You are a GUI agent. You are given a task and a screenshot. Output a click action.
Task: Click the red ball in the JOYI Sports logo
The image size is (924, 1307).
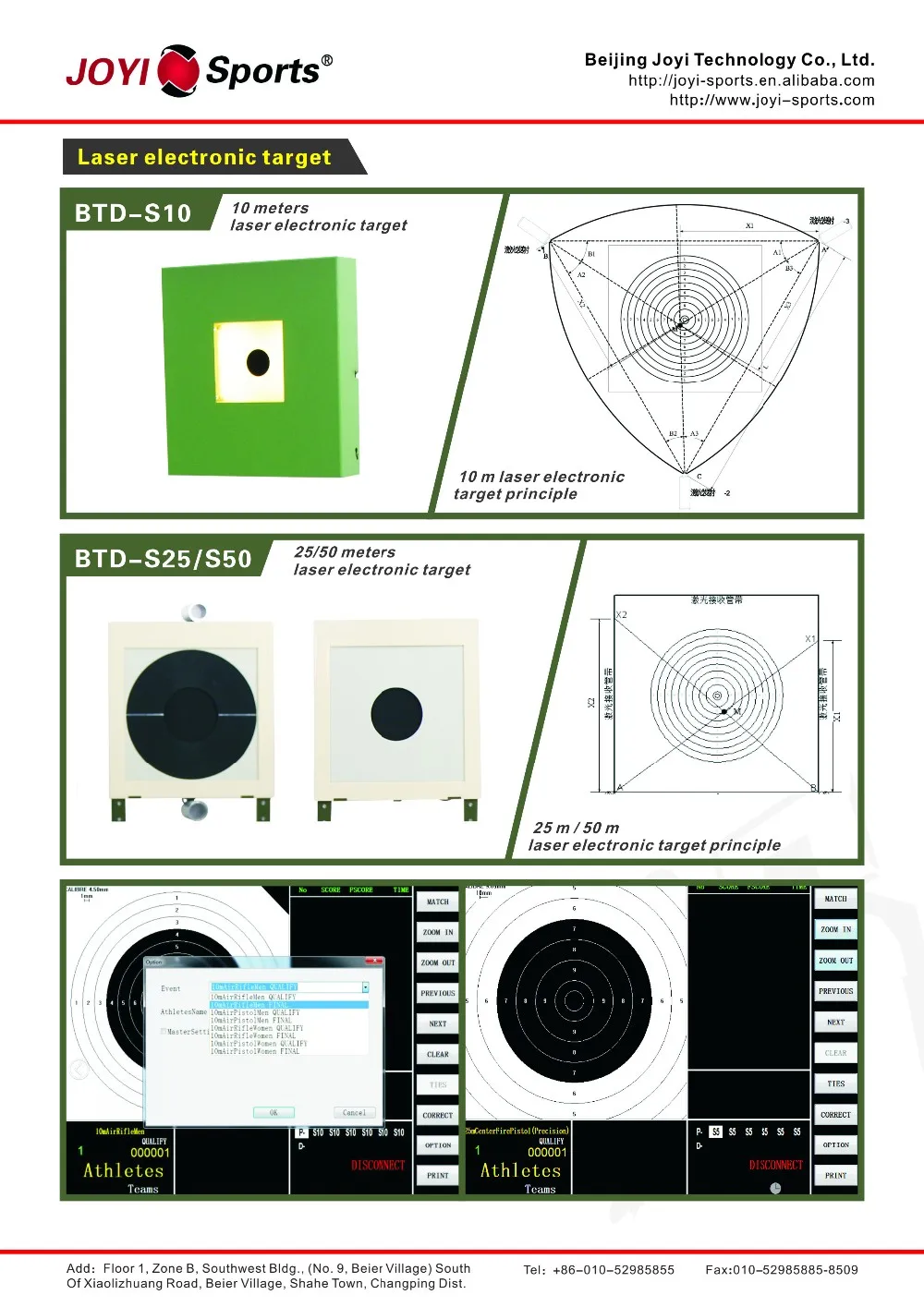point(178,70)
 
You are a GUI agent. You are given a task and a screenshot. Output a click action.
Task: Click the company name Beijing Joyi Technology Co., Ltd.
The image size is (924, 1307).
point(729,60)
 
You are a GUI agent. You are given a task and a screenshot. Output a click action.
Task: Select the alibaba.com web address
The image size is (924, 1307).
point(750,80)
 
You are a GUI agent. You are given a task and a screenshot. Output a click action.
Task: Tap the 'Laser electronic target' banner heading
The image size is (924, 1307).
point(204,157)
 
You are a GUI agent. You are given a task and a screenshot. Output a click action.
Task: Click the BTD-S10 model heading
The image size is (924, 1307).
point(133,213)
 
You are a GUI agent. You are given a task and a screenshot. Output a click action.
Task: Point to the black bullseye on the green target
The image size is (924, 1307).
point(258,362)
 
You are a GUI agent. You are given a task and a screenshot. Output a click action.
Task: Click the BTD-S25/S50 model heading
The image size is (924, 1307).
point(163,559)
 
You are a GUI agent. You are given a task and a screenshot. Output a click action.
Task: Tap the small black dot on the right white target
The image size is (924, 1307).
point(396,714)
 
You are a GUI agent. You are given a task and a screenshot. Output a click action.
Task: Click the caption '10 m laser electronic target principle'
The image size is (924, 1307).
point(541,485)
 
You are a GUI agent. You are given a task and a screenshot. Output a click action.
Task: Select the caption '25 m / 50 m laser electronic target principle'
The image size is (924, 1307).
point(653,836)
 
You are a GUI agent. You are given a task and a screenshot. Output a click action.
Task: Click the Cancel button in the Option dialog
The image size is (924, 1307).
point(354,1112)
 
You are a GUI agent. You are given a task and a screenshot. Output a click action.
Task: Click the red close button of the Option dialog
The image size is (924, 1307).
point(373,962)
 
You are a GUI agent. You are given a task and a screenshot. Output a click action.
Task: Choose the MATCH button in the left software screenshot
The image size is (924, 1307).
point(438,902)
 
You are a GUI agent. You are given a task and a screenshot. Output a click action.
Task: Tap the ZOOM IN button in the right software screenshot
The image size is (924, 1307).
point(835,929)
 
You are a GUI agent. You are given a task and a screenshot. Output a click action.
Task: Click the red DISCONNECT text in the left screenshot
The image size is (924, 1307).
point(378,1165)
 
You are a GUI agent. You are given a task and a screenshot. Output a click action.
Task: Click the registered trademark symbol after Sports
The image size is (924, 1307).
point(326,60)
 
